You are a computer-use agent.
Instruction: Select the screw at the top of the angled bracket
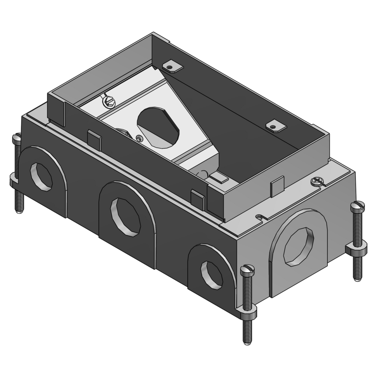click(108, 102)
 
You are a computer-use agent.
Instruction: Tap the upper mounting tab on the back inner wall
click(171, 67)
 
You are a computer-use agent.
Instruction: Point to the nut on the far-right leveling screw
click(355, 249)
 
